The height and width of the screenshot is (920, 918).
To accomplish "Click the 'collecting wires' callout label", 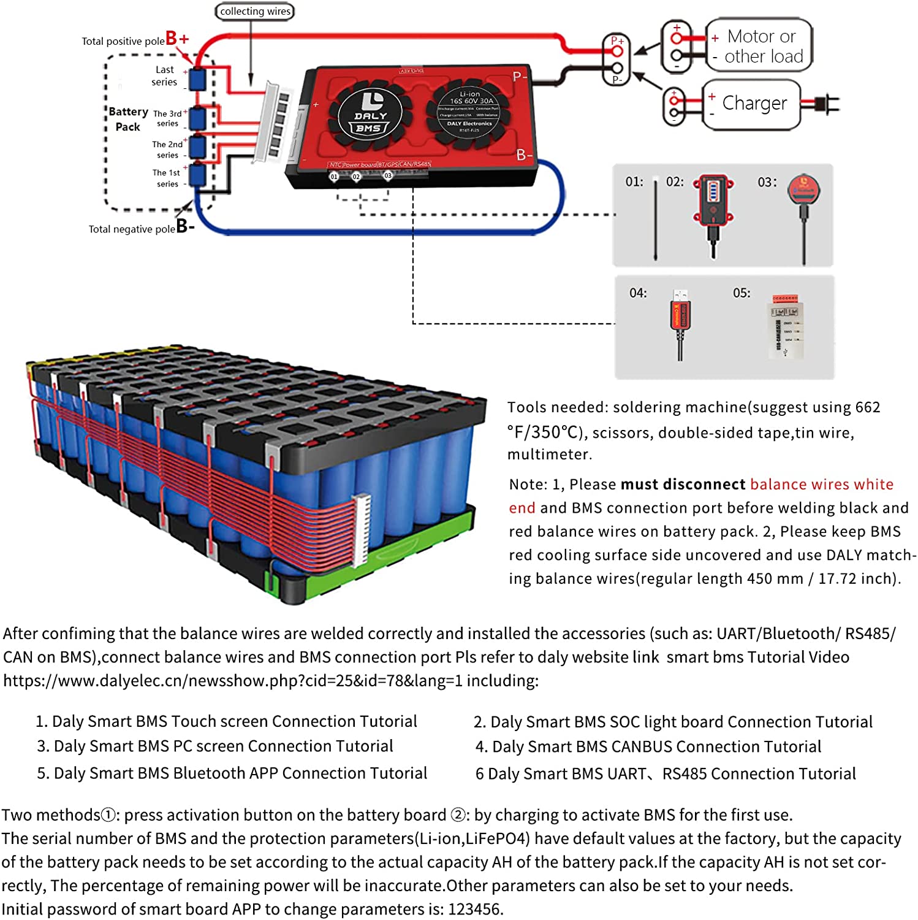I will [255, 12].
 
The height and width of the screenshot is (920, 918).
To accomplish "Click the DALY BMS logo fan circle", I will [370, 115].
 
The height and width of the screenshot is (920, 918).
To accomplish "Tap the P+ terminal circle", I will [616, 51].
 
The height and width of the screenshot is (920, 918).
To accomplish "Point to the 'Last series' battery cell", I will [197, 80].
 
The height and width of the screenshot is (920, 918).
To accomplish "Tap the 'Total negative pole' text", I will [132, 229].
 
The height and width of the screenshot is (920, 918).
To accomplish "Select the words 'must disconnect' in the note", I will [683, 485].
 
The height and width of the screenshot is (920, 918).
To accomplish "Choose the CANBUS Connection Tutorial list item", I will [648, 747].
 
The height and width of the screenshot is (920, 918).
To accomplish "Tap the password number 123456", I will [474, 909].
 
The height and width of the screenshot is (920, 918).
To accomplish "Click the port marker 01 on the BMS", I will [334, 177].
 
